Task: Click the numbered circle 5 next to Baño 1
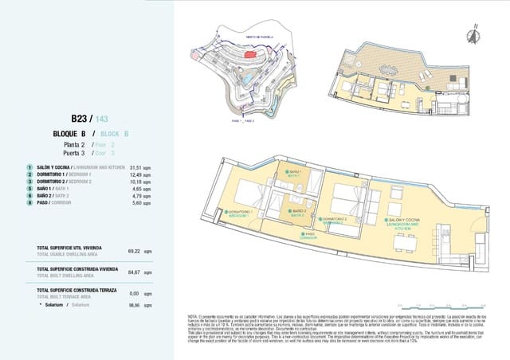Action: coord(29,188)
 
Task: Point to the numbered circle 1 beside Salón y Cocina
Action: coord(29,168)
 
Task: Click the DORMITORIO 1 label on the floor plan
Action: coord(240,214)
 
